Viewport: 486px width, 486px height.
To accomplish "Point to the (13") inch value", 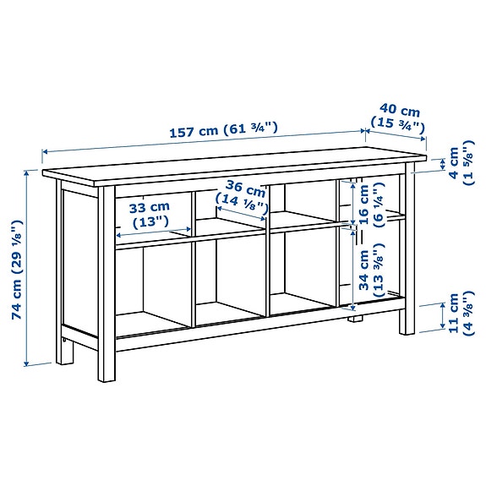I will (150, 221).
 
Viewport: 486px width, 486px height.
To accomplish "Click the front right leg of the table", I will (407, 313).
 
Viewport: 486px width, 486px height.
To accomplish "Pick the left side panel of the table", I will (75, 262).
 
